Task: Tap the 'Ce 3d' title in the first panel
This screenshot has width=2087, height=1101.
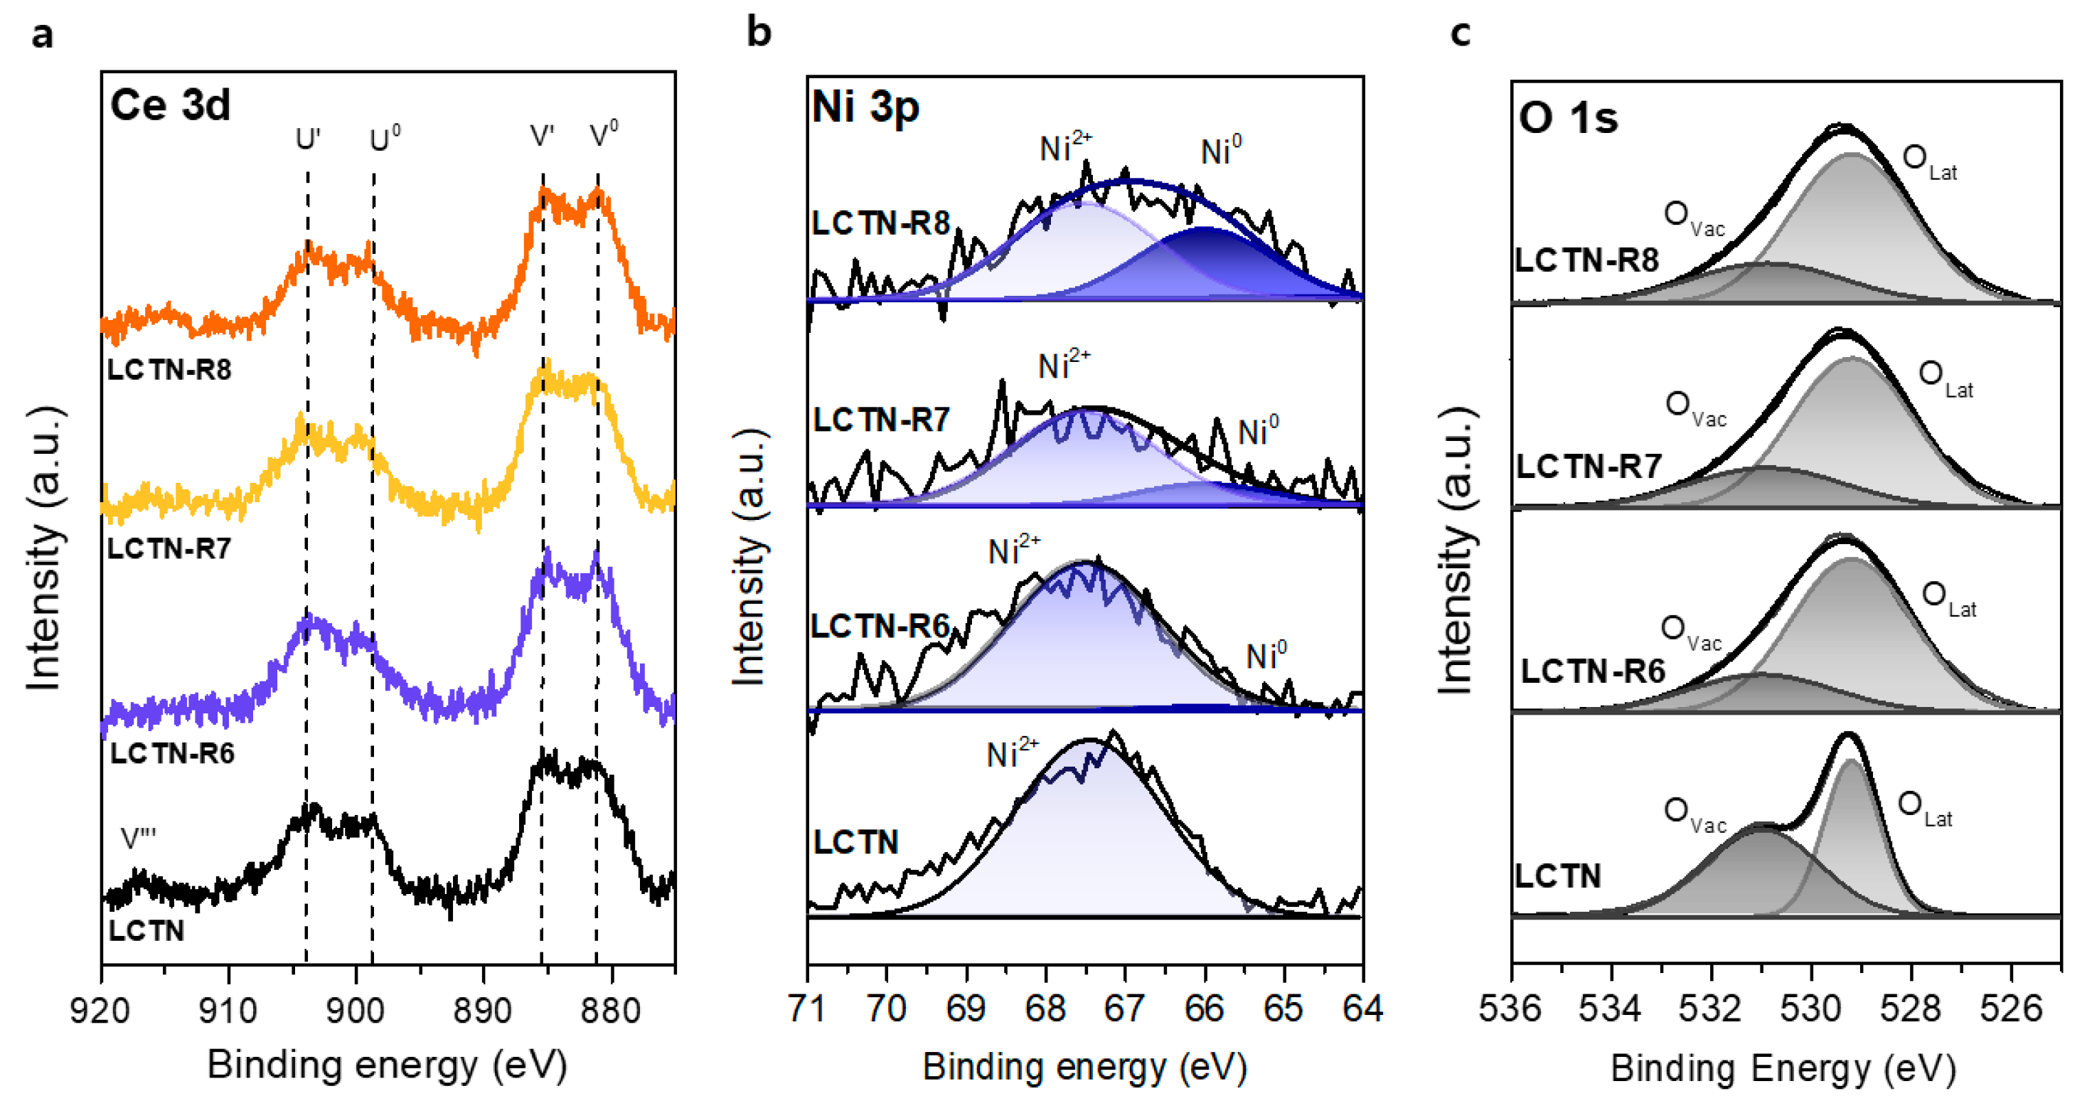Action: [x=170, y=105]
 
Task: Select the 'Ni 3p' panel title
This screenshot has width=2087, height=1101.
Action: [x=865, y=107]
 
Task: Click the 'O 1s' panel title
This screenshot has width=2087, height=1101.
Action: [x=1568, y=118]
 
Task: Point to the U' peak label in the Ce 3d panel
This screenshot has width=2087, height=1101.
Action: [x=307, y=140]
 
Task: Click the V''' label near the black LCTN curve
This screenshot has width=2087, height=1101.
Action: [x=138, y=839]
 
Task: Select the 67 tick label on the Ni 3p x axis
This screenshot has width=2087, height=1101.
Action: [x=1124, y=1009]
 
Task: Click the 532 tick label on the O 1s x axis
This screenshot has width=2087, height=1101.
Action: [x=1710, y=1009]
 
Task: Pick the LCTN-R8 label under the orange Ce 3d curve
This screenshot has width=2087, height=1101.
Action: [x=169, y=371]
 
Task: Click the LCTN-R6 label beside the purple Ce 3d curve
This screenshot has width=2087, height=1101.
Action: [x=172, y=753]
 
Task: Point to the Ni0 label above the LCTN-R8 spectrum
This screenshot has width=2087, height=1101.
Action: [x=1220, y=151]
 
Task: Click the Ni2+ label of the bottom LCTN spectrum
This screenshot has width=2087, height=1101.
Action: [x=1011, y=753]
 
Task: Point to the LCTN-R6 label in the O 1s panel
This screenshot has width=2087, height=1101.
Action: [x=1592, y=671]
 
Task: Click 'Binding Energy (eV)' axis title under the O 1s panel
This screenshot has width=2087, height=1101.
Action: [x=1783, y=1068]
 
